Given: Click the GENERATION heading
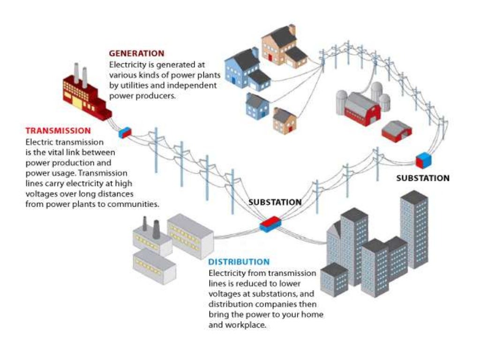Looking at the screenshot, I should coord(136,53).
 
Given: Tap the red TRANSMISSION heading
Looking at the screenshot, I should coord(58,131).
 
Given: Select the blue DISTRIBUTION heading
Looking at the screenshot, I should coord(239,262).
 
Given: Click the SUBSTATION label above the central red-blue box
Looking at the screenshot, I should coord(275,202).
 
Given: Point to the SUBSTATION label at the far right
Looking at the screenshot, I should coord(422,178).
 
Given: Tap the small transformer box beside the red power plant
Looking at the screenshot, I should coord(125,133).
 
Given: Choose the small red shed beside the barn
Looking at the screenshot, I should coord(397,130).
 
